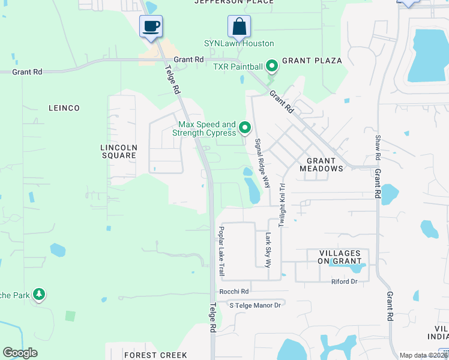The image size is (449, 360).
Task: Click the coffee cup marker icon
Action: tap(151, 27)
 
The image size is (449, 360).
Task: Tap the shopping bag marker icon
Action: tap(239, 27)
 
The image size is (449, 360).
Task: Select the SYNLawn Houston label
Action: tap(239, 44)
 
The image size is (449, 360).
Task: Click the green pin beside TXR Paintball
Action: tap(271, 65)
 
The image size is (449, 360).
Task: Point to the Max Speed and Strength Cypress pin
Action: tap(245, 128)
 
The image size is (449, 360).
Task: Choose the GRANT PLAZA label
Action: tap(312, 61)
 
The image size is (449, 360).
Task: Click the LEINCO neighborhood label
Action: tap(64, 108)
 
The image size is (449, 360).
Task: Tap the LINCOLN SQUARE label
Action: tap(118, 151)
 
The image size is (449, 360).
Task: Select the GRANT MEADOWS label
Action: tap(325, 164)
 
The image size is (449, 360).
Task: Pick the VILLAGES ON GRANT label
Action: tap(336, 257)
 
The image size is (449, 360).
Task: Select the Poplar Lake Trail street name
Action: tap(221, 251)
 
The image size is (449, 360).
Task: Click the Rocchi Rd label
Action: tap(233, 291)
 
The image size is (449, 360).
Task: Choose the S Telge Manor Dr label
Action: tap(255, 305)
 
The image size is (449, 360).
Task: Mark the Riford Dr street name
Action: tap(344, 281)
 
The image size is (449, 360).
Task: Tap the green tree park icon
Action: tap(39, 294)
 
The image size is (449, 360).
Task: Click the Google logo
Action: tap(20, 353)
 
